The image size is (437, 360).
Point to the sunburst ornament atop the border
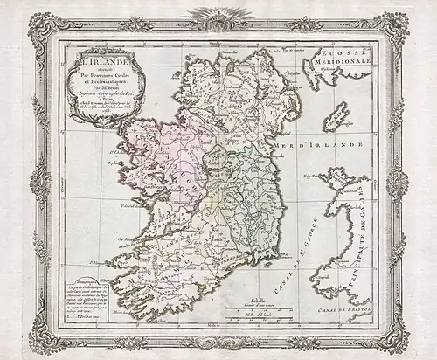[x=218, y=15]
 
